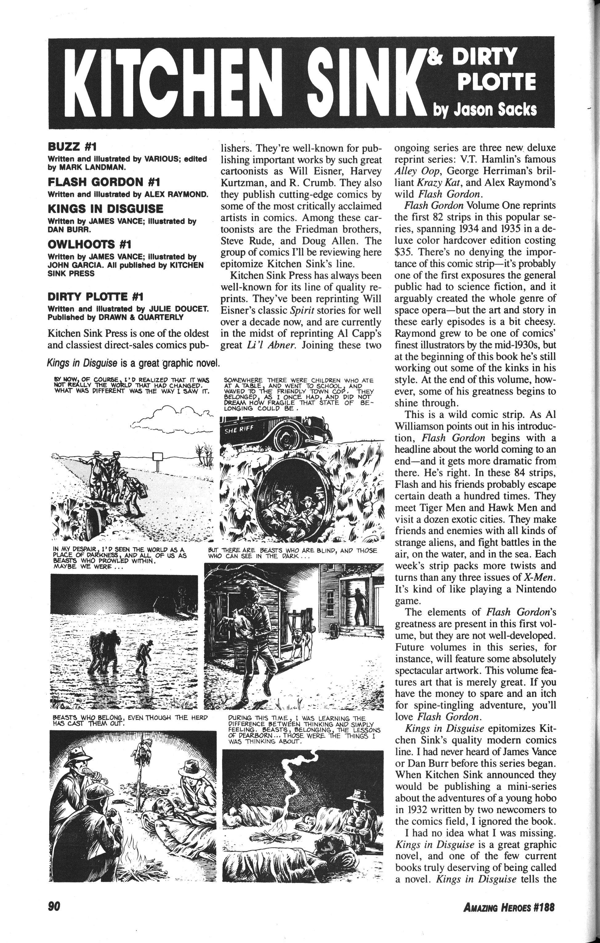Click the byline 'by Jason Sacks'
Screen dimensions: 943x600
[485, 110]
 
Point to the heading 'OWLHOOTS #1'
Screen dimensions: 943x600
[89, 244]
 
